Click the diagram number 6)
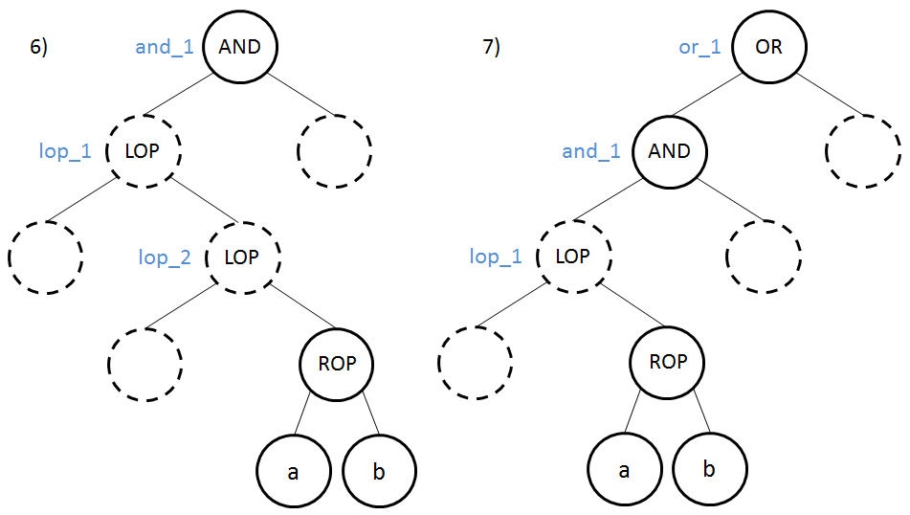tap(38, 48)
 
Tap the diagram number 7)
tap(491, 48)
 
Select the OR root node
tap(768, 47)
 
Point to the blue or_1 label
tap(699, 47)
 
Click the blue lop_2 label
tap(164, 257)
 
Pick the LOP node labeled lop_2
tap(244, 257)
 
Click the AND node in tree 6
tap(239, 47)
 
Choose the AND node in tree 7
tap(668, 151)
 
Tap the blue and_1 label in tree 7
tap(590, 151)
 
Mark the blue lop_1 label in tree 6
tap(65, 151)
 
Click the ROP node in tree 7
tap(667, 363)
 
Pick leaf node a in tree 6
tap(293, 470)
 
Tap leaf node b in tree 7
tap(709, 470)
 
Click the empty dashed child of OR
tap(861, 151)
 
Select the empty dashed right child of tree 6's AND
tap(334, 151)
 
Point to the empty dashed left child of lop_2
tap(144, 363)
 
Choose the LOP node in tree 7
tap(572, 257)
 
